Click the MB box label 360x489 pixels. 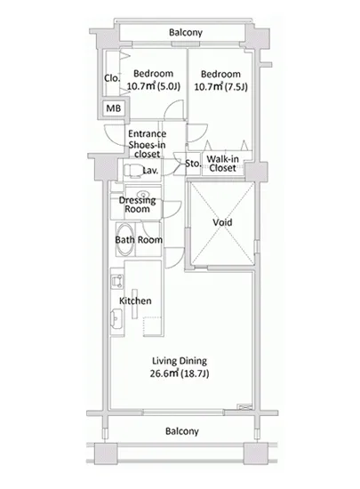pyautogui.click(x=114, y=108)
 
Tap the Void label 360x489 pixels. pyautogui.click(x=222, y=222)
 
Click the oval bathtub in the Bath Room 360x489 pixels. pyautogui.click(x=125, y=240)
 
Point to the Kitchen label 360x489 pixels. pyautogui.click(x=135, y=301)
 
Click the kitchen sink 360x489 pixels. pyautogui.click(x=116, y=318)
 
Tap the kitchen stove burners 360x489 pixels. pyautogui.click(x=117, y=280)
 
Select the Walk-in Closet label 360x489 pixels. pyautogui.click(x=222, y=164)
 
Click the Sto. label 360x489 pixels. pyautogui.click(x=193, y=163)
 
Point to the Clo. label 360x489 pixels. pyautogui.click(x=112, y=78)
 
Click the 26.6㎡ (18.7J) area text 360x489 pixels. pyautogui.click(x=180, y=373)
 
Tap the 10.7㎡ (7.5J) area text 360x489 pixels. pyautogui.click(x=221, y=86)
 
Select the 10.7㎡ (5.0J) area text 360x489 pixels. pyautogui.click(x=154, y=86)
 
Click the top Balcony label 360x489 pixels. pyautogui.click(x=186, y=32)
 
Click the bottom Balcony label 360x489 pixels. pyautogui.click(x=182, y=431)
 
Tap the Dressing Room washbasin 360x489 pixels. pyautogui.click(x=144, y=194)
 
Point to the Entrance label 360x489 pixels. pyautogui.click(x=148, y=133)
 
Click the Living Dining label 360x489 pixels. pyautogui.click(x=180, y=361)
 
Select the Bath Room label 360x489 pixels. pyautogui.click(x=139, y=239)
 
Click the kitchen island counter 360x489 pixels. pyautogui.click(x=134, y=304)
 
